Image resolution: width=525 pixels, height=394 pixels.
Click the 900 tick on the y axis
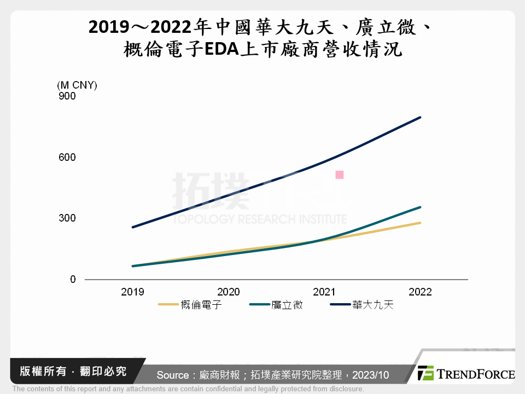click(x=67, y=96)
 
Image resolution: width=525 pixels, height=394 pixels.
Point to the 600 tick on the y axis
click(x=67, y=157)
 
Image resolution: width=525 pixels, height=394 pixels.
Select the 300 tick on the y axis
click(x=67, y=218)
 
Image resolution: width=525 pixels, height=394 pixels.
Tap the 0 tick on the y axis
click(x=73, y=280)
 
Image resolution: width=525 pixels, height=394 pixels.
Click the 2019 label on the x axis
click(x=132, y=292)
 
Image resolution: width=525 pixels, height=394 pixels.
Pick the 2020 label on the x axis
click(x=228, y=292)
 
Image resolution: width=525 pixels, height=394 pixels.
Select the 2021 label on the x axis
click(x=324, y=292)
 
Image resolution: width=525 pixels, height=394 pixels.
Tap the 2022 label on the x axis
click(x=420, y=292)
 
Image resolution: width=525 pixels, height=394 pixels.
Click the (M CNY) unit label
click(x=77, y=85)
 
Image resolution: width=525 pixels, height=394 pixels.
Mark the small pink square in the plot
click(x=339, y=175)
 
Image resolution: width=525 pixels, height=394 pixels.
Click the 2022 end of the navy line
click(x=420, y=117)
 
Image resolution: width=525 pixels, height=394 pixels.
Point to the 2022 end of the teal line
click(x=420, y=207)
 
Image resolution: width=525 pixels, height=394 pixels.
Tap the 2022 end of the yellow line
click(x=420, y=223)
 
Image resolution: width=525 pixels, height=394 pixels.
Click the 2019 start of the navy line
click(x=132, y=227)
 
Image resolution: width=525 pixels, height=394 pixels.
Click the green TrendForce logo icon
click(x=425, y=373)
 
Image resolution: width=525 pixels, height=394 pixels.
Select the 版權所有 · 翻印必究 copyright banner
click(x=73, y=372)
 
